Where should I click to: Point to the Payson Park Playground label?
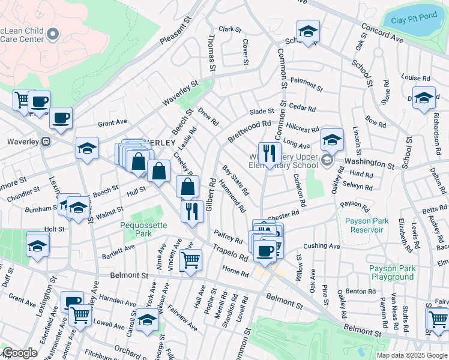pos(391,272)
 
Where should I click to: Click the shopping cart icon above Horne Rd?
pos(190,260)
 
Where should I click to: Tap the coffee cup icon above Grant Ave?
pos(61,118)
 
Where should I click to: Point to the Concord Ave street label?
pos(382,33)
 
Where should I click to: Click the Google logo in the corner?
pos(20,353)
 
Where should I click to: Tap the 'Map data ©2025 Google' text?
pos(411,355)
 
